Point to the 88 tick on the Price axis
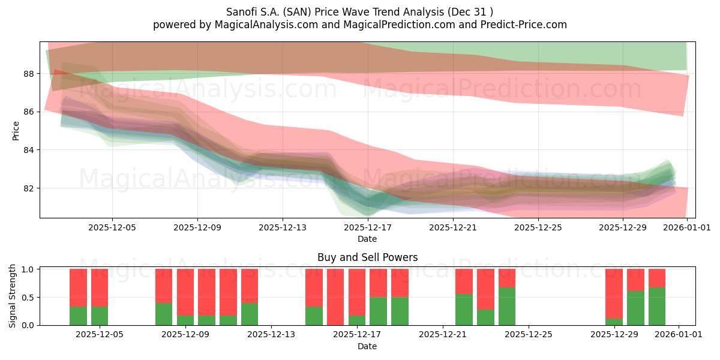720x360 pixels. pyautogui.click(x=29, y=74)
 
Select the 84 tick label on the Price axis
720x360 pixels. pyautogui.click(x=29, y=150)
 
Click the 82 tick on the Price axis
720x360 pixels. pyautogui.click(x=29, y=188)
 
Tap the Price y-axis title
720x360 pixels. pyautogui.click(x=16, y=130)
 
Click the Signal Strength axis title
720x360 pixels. pyautogui.click(x=13, y=296)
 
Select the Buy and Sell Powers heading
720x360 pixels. pyautogui.click(x=367, y=257)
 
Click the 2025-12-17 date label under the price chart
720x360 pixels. pyautogui.click(x=367, y=227)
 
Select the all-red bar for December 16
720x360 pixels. pyautogui.click(x=335, y=297)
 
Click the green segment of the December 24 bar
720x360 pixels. pyautogui.click(x=507, y=307)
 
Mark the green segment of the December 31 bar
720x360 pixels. pyautogui.click(x=657, y=307)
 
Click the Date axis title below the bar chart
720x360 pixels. pyautogui.click(x=367, y=346)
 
